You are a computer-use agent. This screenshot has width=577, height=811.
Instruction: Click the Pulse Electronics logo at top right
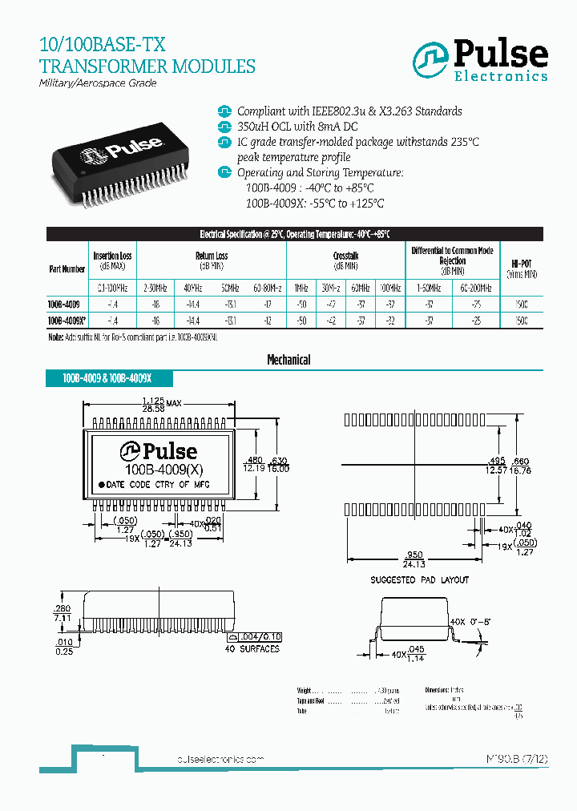click(x=480, y=60)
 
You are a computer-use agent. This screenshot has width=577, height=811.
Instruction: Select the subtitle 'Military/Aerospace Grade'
click(x=98, y=83)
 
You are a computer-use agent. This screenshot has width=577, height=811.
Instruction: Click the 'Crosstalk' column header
click(x=345, y=256)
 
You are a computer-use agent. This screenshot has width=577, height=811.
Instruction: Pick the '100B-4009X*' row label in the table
click(x=66, y=320)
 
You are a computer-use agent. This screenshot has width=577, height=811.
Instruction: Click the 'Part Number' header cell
click(x=67, y=269)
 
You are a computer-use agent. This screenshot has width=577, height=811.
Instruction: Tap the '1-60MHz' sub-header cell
click(x=430, y=287)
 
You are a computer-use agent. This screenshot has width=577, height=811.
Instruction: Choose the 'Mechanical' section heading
click(x=288, y=361)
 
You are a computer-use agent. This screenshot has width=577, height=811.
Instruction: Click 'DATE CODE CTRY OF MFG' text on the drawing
click(x=160, y=485)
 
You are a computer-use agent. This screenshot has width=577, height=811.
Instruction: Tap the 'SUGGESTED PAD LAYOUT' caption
click(x=419, y=579)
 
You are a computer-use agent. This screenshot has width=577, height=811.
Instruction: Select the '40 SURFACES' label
click(x=252, y=648)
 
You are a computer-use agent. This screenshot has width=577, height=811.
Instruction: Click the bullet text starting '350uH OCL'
click(x=298, y=127)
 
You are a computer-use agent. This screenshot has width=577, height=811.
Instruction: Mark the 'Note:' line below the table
click(x=132, y=337)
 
